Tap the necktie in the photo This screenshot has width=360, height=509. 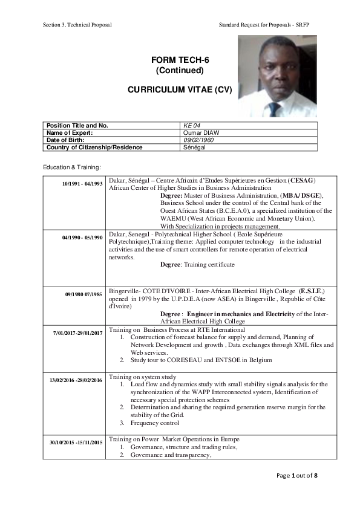coord(274,109)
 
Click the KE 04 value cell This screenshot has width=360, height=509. coord(192,125)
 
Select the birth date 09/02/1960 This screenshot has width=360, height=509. coord(198,140)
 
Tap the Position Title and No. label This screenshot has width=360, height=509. coord(77,125)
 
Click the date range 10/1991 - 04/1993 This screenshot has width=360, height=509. coord(82,183)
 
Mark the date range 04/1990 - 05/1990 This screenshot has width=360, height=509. coord(82,238)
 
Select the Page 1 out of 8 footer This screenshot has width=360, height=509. coord(296,476)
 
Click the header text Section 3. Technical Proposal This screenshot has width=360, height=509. coord(77,25)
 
